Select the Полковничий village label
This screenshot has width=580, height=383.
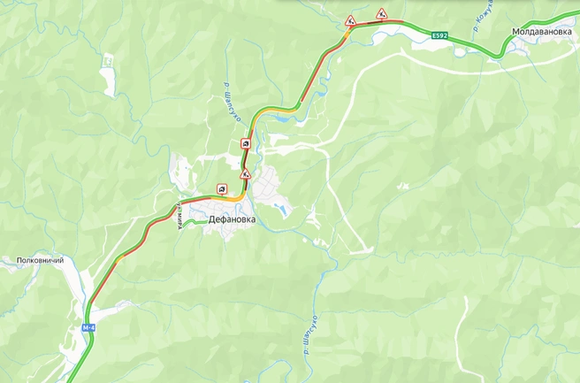click(x=41, y=261)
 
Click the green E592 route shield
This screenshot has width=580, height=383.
click(x=439, y=35)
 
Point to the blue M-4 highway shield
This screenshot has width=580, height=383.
click(x=88, y=328)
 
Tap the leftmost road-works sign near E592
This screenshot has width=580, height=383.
click(x=351, y=19)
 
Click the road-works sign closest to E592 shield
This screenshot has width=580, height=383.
click(x=381, y=13)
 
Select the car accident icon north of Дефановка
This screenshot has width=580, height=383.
click(x=245, y=143)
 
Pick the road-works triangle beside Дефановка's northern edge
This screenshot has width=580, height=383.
click(x=245, y=174)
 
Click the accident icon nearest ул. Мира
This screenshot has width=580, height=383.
click(x=221, y=188)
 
